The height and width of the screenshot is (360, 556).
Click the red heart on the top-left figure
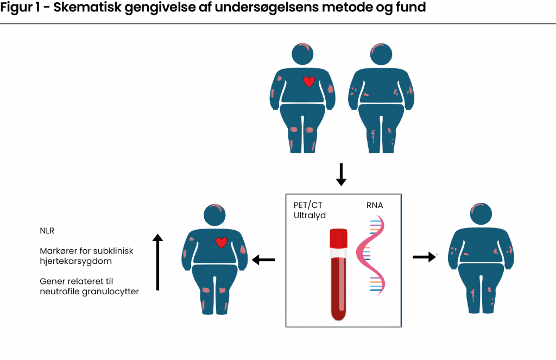point(309,81)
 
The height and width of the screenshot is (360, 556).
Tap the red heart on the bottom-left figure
point(221,242)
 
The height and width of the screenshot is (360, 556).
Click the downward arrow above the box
point(341,174)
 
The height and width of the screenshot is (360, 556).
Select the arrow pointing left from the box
point(264,260)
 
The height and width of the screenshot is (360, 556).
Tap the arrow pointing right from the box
point(425,257)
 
